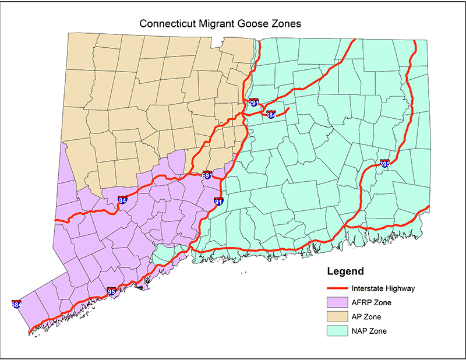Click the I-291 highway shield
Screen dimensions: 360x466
tap(253, 103)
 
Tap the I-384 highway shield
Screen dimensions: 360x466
tap(271, 115)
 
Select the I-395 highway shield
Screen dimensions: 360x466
tap(384, 164)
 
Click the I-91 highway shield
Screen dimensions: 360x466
tap(218, 202)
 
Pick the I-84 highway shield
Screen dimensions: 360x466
tap(122, 200)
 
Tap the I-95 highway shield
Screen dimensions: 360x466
tap(111, 291)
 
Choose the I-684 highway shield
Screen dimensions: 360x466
tap(16, 304)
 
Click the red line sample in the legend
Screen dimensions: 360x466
tap(337, 288)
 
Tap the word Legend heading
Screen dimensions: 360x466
tap(345, 271)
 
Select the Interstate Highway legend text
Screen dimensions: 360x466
tap(383, 288)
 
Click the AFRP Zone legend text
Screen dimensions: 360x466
tap(371, 302)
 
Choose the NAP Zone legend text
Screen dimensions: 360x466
tap(369, 331)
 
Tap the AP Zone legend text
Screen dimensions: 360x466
tap(367, 316)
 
